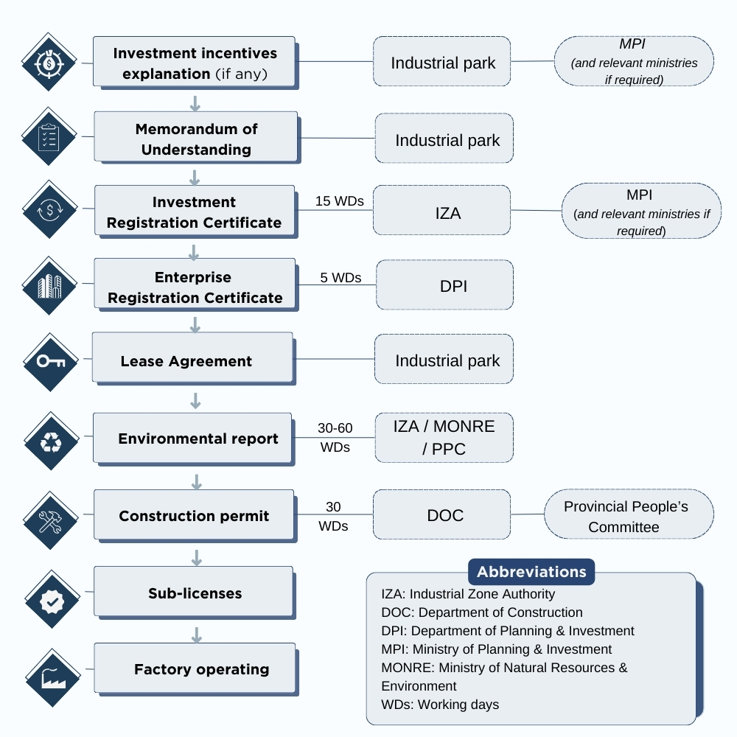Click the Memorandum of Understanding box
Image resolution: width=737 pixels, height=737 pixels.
pos(196,137)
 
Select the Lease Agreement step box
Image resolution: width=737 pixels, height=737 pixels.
pos(193,359)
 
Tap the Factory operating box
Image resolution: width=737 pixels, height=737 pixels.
pos(195,669)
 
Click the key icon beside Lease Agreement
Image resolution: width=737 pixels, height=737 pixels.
pos(51,362)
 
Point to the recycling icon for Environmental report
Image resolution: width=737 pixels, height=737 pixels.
pos(52,441)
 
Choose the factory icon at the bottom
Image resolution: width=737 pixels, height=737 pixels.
pos(52,678)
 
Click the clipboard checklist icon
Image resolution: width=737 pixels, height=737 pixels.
pos(49,136)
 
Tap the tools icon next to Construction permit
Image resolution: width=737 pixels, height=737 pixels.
pos(51,521)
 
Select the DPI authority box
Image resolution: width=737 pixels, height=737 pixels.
pos(444,284)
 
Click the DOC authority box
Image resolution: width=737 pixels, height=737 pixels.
pos(441,514)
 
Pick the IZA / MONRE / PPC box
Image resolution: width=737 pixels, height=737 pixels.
pos(444,438)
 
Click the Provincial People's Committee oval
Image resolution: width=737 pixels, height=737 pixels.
pos(629,514)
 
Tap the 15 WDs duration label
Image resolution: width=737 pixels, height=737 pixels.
pos(339,201)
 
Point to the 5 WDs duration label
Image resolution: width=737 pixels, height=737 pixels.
pos(340,278)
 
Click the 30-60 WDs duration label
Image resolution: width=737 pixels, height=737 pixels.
pos(335,438)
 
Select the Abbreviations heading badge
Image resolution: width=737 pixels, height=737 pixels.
pos(531,572)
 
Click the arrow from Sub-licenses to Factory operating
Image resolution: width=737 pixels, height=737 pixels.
pos(197,635)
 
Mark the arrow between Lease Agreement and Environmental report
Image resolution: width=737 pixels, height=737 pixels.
pos(195,401)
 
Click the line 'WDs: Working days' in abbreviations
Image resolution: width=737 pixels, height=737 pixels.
pos(440,705)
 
